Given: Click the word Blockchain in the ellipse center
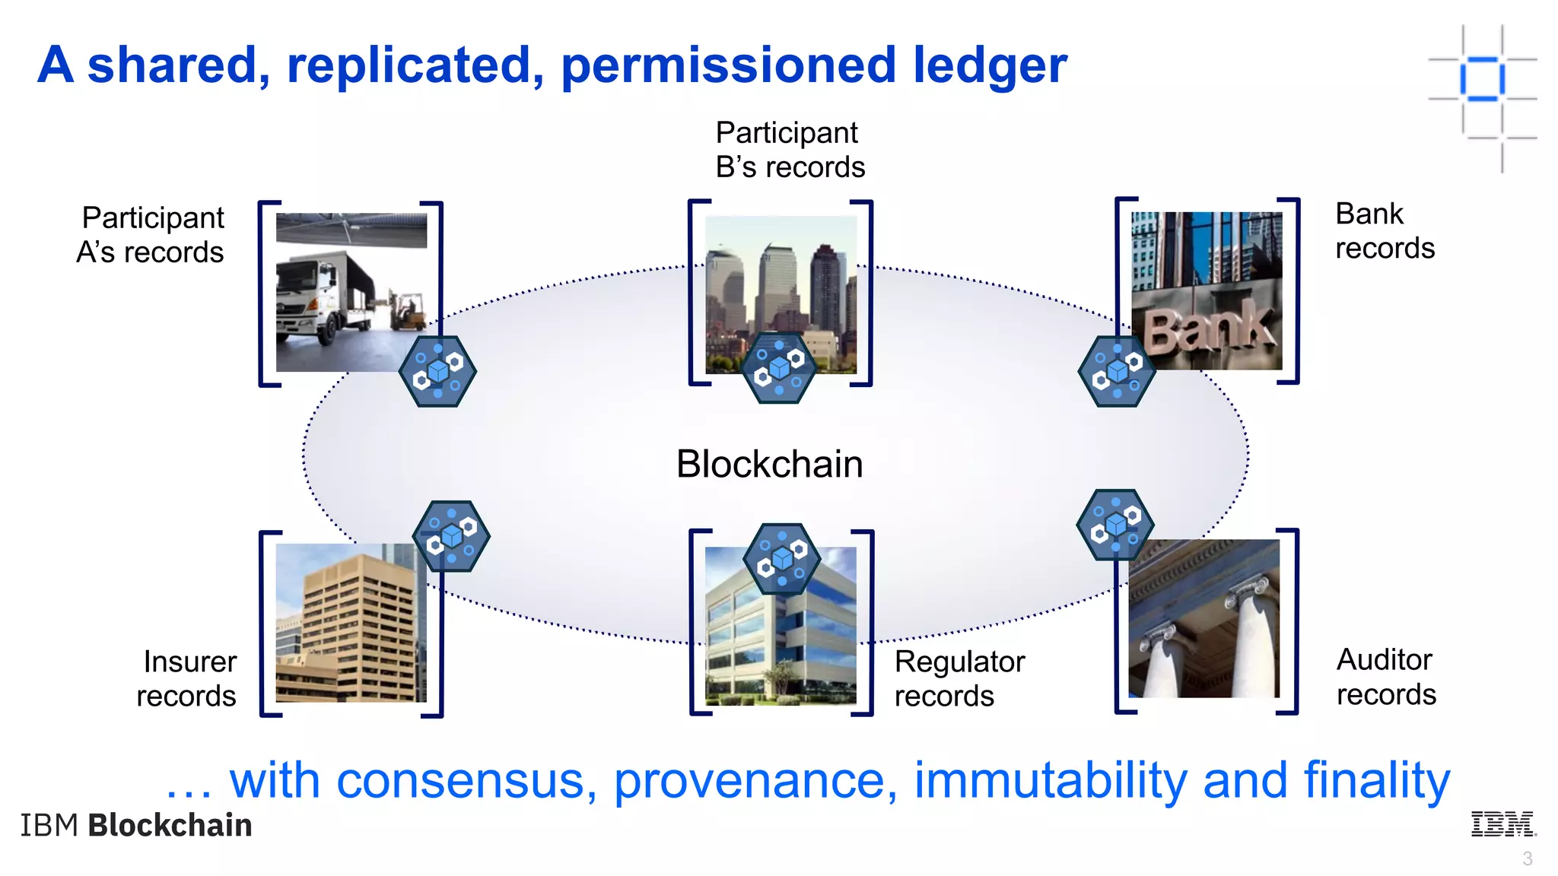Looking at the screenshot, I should click(769, 464).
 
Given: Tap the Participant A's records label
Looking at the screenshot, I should click(151, 234).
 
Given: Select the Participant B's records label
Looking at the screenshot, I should click(790, 150).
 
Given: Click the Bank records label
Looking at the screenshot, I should click(1384, 231).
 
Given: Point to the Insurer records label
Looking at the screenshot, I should click(187, 678).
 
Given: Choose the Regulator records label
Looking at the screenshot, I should click(959, 678).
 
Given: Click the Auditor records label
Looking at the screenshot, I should click(1385, 677).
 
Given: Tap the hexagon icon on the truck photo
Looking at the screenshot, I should click(437, 371).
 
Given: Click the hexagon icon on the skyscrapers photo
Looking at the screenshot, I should click(778, 368).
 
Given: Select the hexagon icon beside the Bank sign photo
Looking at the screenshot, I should click(1116, 371).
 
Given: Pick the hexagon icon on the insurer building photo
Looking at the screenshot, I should click(451, 536).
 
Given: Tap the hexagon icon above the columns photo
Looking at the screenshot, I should click(1114, 525).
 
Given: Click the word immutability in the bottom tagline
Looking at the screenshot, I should click(1050, 781).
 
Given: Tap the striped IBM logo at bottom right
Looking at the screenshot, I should click(1503, 824).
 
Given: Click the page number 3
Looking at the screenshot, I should click(1527, 859).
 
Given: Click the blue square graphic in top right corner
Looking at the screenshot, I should click(1482, 78).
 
